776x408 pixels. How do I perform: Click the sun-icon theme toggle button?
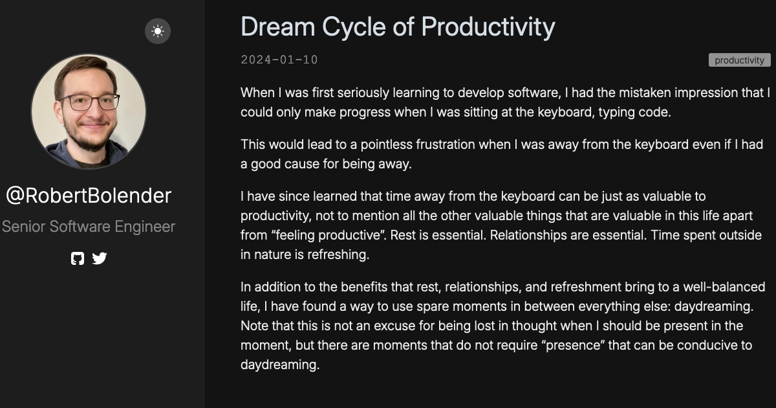point(158,31)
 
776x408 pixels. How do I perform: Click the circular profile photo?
point(89,111)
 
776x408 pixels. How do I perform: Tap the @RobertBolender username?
point(89,196)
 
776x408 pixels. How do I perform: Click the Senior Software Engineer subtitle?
point(89,227)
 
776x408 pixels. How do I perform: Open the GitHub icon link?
point(78,258)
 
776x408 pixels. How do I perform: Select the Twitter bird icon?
point(100,258)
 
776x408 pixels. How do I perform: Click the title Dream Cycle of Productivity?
point(398,27)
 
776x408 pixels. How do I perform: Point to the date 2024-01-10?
point(279,60)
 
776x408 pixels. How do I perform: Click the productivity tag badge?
point(739,60)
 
